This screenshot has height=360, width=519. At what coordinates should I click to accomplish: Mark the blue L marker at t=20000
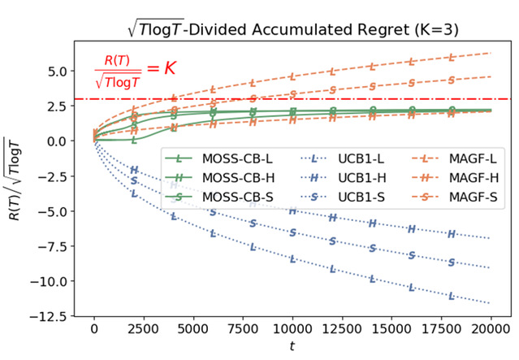click(490, 301)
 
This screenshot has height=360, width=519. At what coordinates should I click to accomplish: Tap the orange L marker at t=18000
click(452, 58)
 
